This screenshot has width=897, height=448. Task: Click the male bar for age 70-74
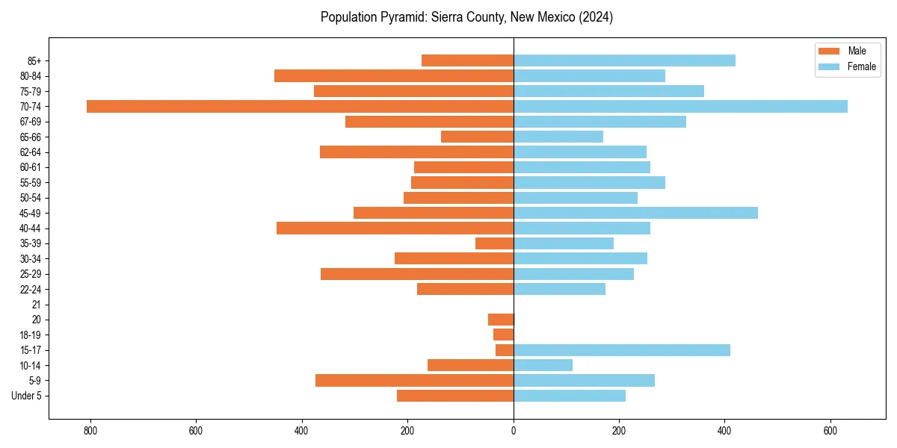pos(300,106)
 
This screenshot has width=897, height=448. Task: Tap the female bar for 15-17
pos(622,350)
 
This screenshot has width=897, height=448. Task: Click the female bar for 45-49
pos(635,213)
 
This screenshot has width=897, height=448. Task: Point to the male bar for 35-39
pos(494,243)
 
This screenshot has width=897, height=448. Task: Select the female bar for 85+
pos(624,60)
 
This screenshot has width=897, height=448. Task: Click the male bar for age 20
pos(501,320)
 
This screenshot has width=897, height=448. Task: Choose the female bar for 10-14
pos(543,365)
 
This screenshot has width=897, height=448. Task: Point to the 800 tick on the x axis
pos(90,431)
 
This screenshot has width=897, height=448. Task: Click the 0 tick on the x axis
pos(514,431)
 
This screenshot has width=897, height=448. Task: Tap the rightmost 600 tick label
pos(830,431)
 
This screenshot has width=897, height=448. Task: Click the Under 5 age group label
pos(26,396)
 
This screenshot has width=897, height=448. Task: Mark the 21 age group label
pos(36,305)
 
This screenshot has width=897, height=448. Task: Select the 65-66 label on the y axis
pos(31,137)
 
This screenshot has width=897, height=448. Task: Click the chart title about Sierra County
pos(466,17)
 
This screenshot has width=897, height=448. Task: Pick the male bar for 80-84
pos(394,75)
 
